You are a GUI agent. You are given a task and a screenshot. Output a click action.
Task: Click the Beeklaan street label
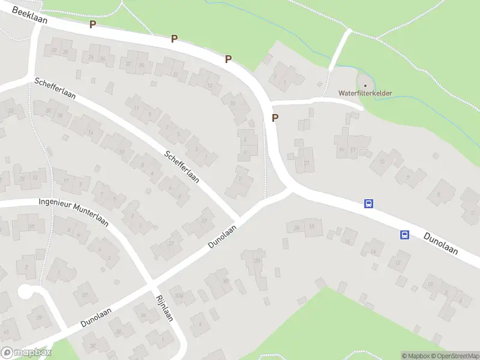pos(28,20)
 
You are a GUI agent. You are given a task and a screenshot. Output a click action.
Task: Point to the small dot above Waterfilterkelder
pos(365,85)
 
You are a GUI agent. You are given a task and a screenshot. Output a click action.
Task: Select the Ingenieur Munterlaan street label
pos(73,211)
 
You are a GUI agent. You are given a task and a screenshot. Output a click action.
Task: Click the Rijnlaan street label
pos(164,308)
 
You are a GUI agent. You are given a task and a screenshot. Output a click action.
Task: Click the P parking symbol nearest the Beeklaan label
pos(92,24)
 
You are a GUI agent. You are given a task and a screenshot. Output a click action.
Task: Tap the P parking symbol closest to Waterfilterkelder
pos(275,118)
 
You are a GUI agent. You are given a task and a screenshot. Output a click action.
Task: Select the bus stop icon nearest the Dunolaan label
pos(405,235)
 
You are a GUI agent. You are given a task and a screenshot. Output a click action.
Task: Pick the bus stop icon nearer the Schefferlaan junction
pos(369,204)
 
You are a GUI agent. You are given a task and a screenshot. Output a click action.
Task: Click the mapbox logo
pos(26,353)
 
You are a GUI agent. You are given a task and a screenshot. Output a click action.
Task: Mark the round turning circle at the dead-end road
pos(25,292)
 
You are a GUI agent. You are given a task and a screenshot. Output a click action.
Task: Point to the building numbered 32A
pos(178,296)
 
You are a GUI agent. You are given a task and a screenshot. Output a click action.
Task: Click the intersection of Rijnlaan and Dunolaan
pos(152,282)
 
